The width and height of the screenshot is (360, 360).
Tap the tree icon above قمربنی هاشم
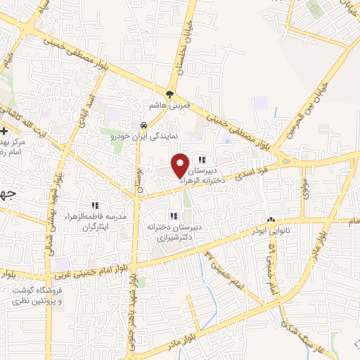point(169,94)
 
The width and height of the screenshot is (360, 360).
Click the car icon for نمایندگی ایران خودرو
point(144,127)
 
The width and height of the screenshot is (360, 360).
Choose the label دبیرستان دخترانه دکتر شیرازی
point(174,234)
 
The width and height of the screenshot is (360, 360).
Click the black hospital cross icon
point(4,131)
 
